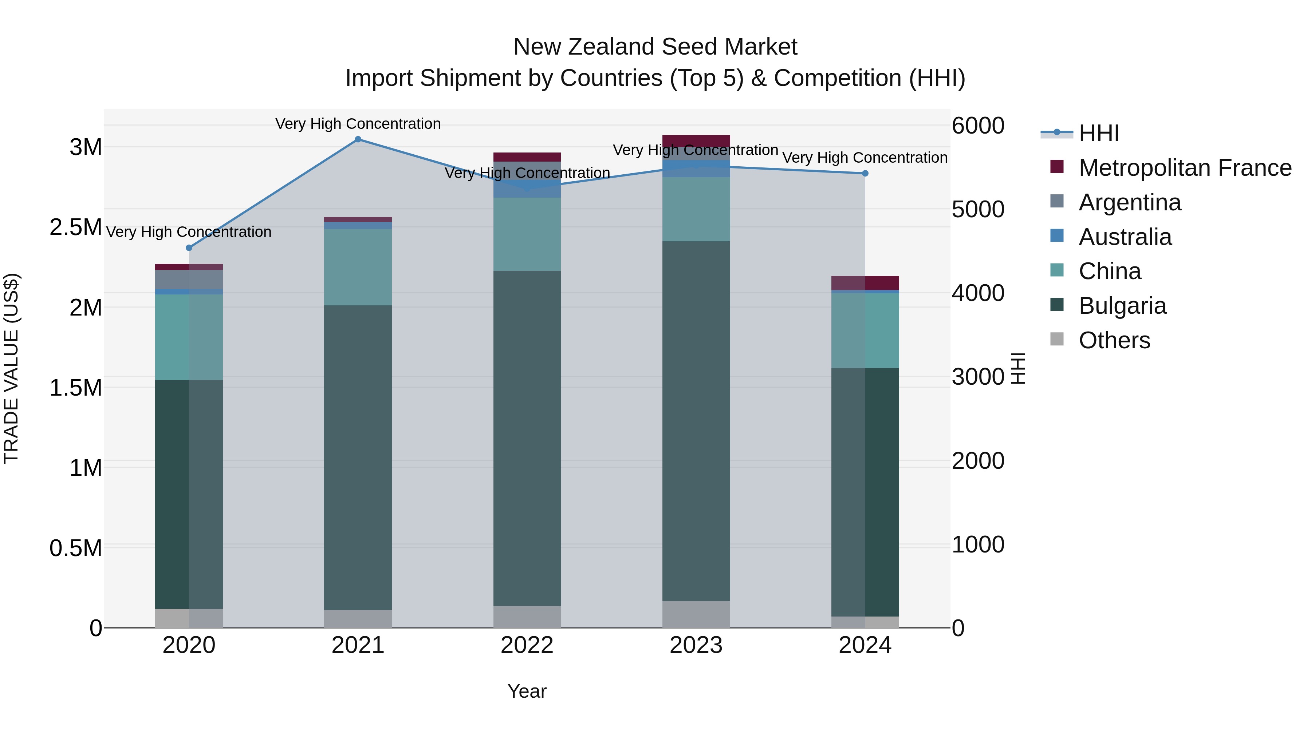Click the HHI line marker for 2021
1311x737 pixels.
point(358,139)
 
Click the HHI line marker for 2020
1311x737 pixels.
point(189,248)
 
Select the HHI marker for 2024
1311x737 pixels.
point(865,174)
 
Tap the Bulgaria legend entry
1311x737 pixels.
point(1122,306)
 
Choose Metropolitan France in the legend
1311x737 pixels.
point(1185,168)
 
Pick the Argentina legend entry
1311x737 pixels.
point(1129,202)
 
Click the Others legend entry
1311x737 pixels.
point(1114,340)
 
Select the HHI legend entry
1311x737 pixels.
point(1098,133)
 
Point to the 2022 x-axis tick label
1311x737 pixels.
point(527,645)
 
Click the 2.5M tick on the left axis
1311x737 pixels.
point(76,227)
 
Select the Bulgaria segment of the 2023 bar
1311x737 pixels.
point(696,421)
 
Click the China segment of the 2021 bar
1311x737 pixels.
point(358,267)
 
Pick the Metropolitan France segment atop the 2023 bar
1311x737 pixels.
point(696,141)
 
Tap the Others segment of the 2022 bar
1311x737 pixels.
point(527,617)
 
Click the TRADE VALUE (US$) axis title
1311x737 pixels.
point(11,368)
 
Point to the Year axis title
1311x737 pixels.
point(527,691)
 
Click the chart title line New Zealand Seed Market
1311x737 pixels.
point(655,47)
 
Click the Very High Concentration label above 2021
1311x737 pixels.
point(358,124)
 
